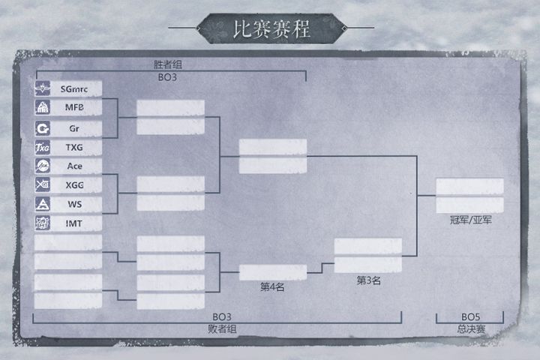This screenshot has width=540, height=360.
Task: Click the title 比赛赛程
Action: coord(271,29)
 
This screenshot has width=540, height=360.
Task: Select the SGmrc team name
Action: coord(74,89)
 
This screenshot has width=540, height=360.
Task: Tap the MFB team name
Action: coord(74,107)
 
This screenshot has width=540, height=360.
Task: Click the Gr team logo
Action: coord(42,128)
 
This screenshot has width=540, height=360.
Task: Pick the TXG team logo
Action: coord(42,148)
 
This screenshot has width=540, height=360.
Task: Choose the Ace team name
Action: coord(75,166)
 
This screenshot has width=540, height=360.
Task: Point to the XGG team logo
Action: coord(42,184)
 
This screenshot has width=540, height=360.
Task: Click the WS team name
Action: coord(75,204)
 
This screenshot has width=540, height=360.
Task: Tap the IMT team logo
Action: coord(42,223)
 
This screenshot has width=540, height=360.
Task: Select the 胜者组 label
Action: coord(168,64)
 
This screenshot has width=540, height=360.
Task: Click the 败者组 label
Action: coord(222,329)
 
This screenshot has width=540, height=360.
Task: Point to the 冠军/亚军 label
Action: coord(470,220)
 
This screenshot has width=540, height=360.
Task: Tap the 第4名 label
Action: coord(272,286)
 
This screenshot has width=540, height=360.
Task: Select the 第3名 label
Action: coord(368,280)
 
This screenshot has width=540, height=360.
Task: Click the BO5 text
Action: coord(470,316)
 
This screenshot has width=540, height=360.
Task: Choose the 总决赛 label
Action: coord(471,329)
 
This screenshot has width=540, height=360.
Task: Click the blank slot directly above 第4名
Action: coord(273,272)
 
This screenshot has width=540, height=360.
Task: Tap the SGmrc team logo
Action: coord(42,88)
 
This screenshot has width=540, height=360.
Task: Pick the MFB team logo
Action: coord(42,107)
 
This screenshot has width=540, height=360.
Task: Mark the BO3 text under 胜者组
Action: coord(167,77)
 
